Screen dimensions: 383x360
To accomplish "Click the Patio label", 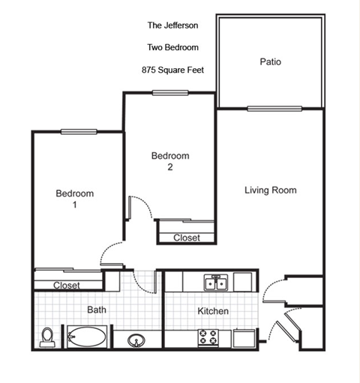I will coord(270,61).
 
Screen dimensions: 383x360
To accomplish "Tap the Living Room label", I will coord(270,190).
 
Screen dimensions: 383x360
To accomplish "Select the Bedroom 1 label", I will coord(75,199).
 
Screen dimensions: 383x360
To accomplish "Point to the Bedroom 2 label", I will coord(170,161).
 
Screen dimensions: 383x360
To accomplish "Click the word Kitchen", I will coord(213,311).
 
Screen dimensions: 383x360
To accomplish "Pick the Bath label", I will coord(97,309).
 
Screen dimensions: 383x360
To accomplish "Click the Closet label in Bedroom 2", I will coord(187,238).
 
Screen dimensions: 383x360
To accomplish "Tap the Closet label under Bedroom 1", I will coord(67,286).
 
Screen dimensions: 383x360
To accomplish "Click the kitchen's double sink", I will coord(216,282).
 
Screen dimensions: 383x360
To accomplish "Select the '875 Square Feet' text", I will coord(172,70).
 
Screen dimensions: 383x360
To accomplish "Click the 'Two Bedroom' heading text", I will coord(172,47).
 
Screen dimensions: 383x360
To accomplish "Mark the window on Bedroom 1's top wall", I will coord(79,132).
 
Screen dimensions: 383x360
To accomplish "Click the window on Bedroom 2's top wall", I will coord(170,93).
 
